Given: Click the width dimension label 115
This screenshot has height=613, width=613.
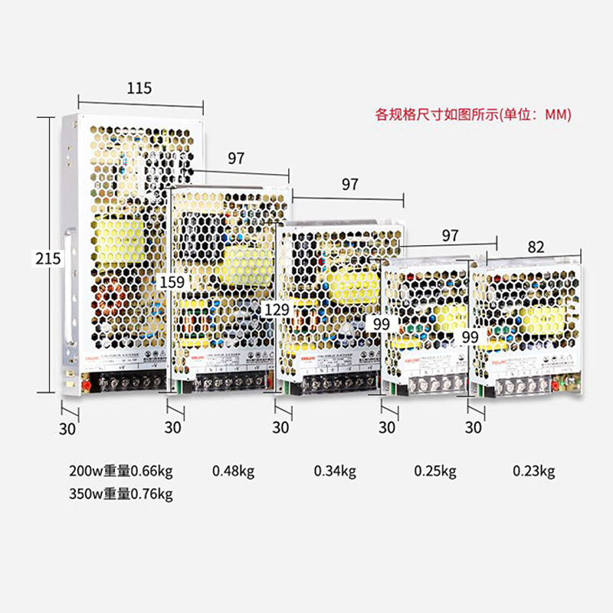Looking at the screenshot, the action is click(x=139, y=88).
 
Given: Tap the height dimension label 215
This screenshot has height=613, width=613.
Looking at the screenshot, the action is click(x=48, y=258).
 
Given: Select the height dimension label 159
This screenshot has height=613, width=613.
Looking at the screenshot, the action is click(x=172, y=282).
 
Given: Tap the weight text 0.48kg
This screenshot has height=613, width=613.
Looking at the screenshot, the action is click(x=232, y=470).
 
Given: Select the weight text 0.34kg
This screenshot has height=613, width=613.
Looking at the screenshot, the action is click(x=335, y=470).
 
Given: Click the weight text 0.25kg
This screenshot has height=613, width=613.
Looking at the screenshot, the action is click(x=435, y=470).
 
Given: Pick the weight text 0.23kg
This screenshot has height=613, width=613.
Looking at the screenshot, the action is click(x=533, y=470).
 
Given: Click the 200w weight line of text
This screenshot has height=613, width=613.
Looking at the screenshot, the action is click(x=122, y=470).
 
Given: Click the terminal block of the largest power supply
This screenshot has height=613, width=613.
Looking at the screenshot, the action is click(x=127, y=381).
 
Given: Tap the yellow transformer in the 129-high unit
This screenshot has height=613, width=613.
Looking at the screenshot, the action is click(x=352, y=286).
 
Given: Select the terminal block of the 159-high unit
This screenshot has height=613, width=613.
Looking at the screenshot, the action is click(x=230, y=381).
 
